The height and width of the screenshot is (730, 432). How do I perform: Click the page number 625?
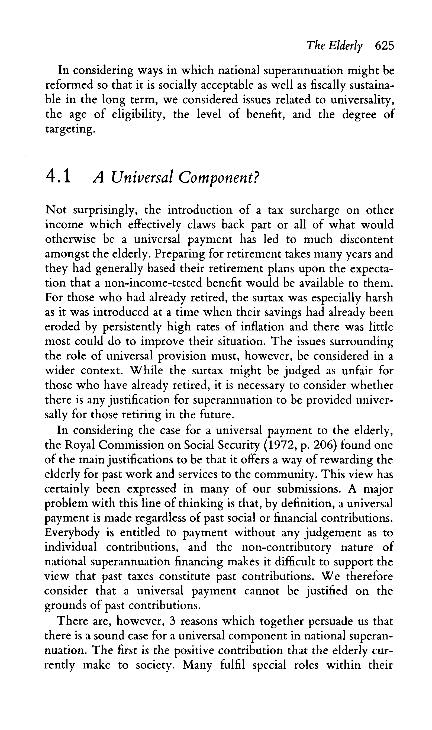[384, 46]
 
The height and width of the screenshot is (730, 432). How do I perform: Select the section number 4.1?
[58, 177]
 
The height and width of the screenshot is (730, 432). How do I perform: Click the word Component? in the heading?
[218, 177]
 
